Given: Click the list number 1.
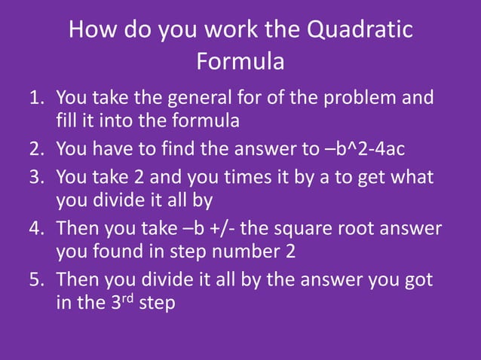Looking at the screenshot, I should pos(35,98).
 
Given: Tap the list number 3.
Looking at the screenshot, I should pos(35,178).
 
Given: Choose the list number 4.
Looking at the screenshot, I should pos(35,227).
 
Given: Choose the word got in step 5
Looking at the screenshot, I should pos(418,280).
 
